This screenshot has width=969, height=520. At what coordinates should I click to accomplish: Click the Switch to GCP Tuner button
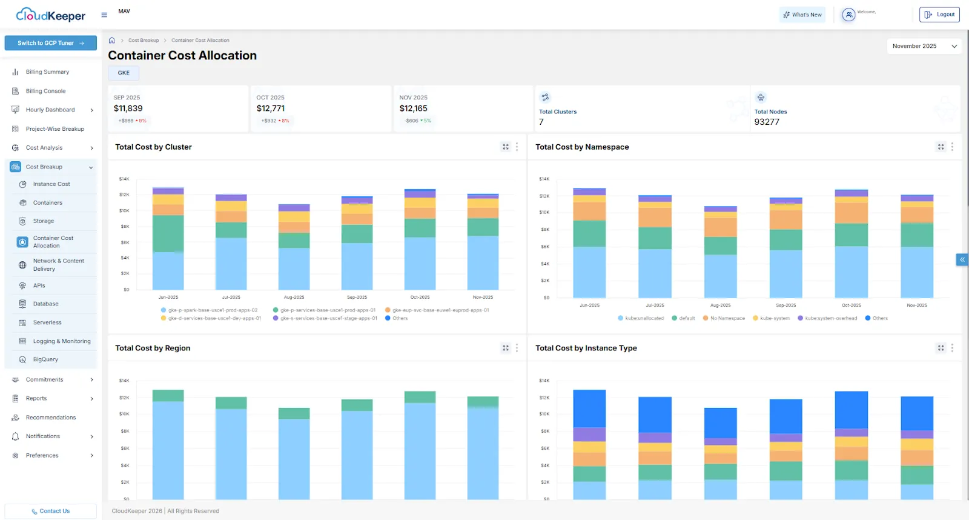pos(50,43)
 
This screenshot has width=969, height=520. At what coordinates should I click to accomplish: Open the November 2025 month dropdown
pos(924,46)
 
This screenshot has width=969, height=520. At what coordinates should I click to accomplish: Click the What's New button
pos(802,15)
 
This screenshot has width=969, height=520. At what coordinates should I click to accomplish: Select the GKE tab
pos(124,73)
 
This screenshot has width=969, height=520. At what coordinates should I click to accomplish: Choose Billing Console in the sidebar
pos(45,91)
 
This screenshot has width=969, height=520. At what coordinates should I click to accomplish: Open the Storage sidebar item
pos(44,221)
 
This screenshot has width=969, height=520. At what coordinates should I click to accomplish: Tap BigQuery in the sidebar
pos(45,359)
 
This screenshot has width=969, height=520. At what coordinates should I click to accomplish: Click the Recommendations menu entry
pos(51,418)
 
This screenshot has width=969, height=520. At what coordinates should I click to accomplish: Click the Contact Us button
pos(50,511)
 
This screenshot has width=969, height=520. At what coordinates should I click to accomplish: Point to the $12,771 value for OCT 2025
pos(270,108)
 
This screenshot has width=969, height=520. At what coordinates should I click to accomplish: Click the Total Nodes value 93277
pos(767,122)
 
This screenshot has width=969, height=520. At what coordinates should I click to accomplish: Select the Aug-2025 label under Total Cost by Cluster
pos(294,298)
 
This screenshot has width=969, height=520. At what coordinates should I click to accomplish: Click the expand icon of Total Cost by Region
pos(506,348)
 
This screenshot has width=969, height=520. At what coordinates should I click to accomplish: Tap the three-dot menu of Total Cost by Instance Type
pos(952,348)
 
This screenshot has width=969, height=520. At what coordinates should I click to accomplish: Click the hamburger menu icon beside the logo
pos(104,15)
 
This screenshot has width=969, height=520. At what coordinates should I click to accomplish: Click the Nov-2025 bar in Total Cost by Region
pos(483,448)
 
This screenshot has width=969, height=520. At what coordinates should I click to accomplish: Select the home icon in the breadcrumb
pos(112,41)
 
